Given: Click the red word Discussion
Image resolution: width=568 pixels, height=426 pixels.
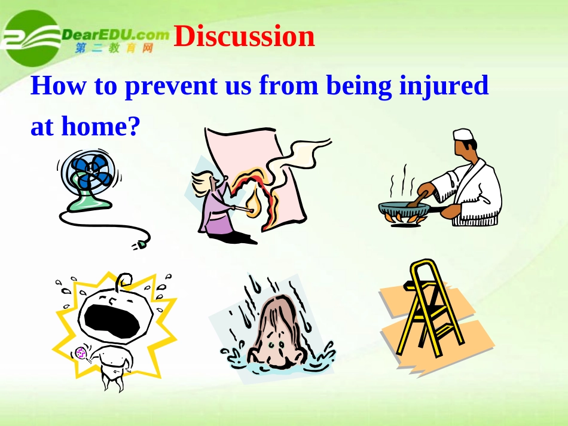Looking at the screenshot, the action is click(244, 36).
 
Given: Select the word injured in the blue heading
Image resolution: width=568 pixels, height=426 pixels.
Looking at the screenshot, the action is click(444, 86).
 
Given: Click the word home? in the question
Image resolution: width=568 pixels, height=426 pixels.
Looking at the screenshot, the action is click(100, 125).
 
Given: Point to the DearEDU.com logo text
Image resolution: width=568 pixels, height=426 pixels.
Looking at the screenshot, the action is click(115, 35).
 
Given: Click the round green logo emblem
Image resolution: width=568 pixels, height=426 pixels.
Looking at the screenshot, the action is click(32, 38).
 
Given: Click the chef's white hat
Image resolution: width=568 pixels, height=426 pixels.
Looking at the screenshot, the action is click(463, 134).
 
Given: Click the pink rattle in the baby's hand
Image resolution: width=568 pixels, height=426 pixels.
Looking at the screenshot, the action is click(81, 353).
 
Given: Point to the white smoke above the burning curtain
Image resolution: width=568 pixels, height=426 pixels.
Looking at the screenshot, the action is click(298, 158).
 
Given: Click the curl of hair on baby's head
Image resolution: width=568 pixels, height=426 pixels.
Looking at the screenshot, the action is click(124, 281).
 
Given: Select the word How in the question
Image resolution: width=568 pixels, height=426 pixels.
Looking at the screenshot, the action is click(59, 86).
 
